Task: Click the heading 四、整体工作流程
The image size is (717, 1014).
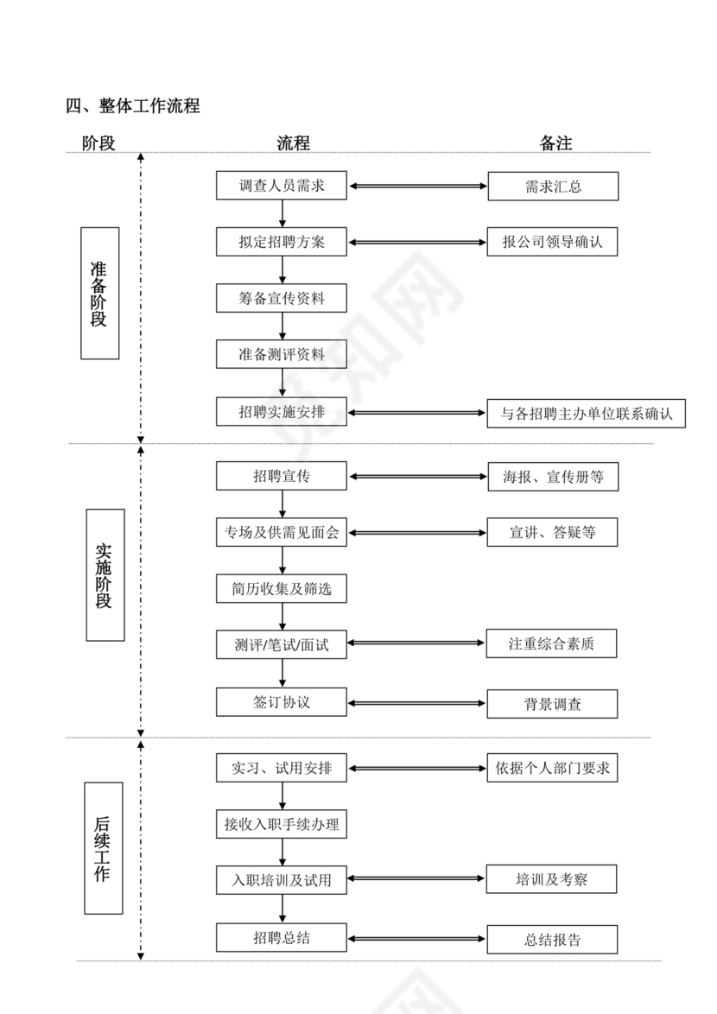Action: [x=133, y=106]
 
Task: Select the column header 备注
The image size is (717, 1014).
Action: [x=555, y=143]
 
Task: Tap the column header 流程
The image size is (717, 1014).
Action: [x=293, y=143]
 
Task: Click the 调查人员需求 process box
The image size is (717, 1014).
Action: [x=282, y=186]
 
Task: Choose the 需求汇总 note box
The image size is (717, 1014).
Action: [x=553, y=187]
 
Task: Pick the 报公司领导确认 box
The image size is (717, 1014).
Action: [x=553, y=243]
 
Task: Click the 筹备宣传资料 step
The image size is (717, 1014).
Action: [x=282, y=298]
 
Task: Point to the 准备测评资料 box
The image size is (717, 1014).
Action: [x=282, y=354]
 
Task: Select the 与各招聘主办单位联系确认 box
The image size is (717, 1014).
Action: [x=587, y=413]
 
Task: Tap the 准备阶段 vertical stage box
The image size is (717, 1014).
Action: [x=99, y=294]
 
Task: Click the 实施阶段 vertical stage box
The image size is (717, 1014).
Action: [x=105, y=574]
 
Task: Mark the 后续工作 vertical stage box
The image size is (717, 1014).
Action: [x=103, y=848]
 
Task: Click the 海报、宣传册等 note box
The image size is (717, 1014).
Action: [x=553, y=477]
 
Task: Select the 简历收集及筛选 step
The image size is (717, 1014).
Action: [x=282, y=590]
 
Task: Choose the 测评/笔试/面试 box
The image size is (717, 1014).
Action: [x=282, y=644]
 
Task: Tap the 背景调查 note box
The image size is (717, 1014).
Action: [x=553, y=704]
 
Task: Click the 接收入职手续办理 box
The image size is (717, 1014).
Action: [x=282, y=825]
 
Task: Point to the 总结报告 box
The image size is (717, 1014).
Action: [x=553, y=940]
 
